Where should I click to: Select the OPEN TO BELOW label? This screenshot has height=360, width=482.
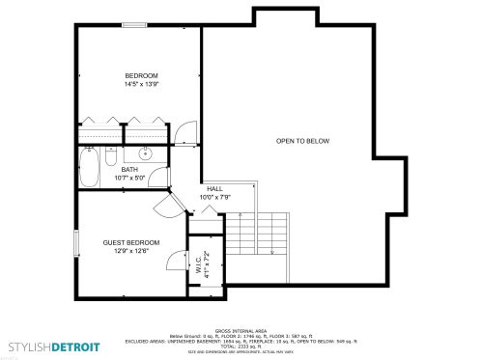point(302,141)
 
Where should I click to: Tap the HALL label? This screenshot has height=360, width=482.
point(214,189)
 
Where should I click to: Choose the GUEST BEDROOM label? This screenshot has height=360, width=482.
point(131,242)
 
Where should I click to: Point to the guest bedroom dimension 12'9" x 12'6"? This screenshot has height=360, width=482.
point(131,252)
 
